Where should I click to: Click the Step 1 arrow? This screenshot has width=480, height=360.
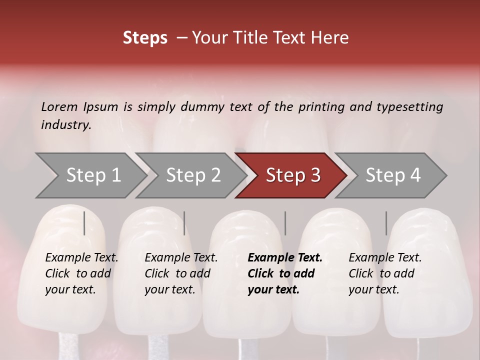(93, 175)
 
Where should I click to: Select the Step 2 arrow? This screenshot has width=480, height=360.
(193, 175)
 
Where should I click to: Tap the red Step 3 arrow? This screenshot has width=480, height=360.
(293, 175)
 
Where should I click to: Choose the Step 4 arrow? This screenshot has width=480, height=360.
(393, 175)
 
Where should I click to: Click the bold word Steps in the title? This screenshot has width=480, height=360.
(145, 38)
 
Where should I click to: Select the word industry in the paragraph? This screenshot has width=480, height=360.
(65, 125)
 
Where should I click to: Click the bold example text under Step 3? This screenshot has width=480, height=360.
(284, 273)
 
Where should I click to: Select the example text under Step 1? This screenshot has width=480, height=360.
(81, 273)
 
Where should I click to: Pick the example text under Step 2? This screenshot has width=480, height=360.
(181, 273)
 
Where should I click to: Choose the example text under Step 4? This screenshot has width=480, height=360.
(385, 273)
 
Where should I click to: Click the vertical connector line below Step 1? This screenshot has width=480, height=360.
(84, 223)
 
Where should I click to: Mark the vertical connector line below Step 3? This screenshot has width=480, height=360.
(285, 223)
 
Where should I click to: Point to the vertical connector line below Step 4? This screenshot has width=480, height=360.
(386, 223)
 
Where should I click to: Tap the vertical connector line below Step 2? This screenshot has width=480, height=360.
(184, 223)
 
